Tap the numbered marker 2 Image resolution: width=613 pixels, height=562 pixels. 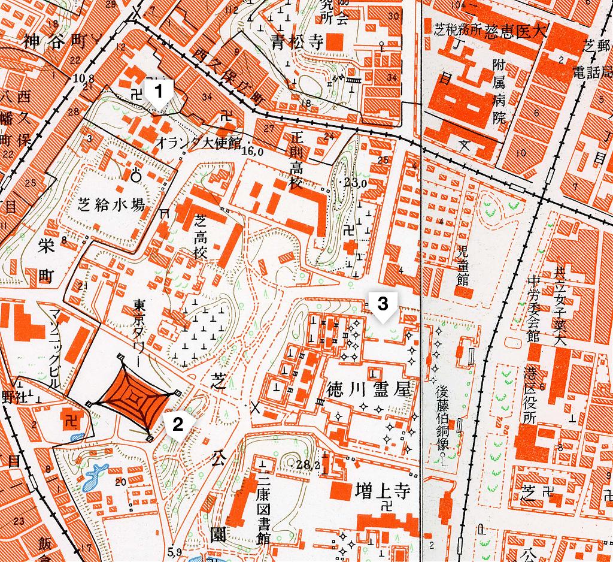click(x=177, y=424)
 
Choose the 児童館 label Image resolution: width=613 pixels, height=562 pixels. click(x=462, y=264)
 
